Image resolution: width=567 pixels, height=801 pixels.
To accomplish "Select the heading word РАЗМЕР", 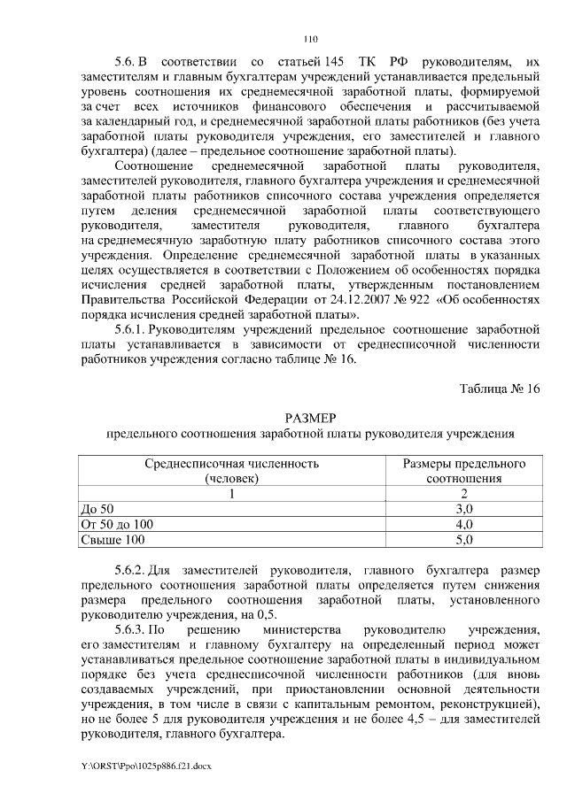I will tap(310, 418).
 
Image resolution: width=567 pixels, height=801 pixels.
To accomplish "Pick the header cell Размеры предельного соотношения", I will tap(464, 471).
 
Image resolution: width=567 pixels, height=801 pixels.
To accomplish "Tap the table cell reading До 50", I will tap(97, 509).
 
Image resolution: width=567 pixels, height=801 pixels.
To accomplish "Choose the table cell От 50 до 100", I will tap(117, 524).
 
